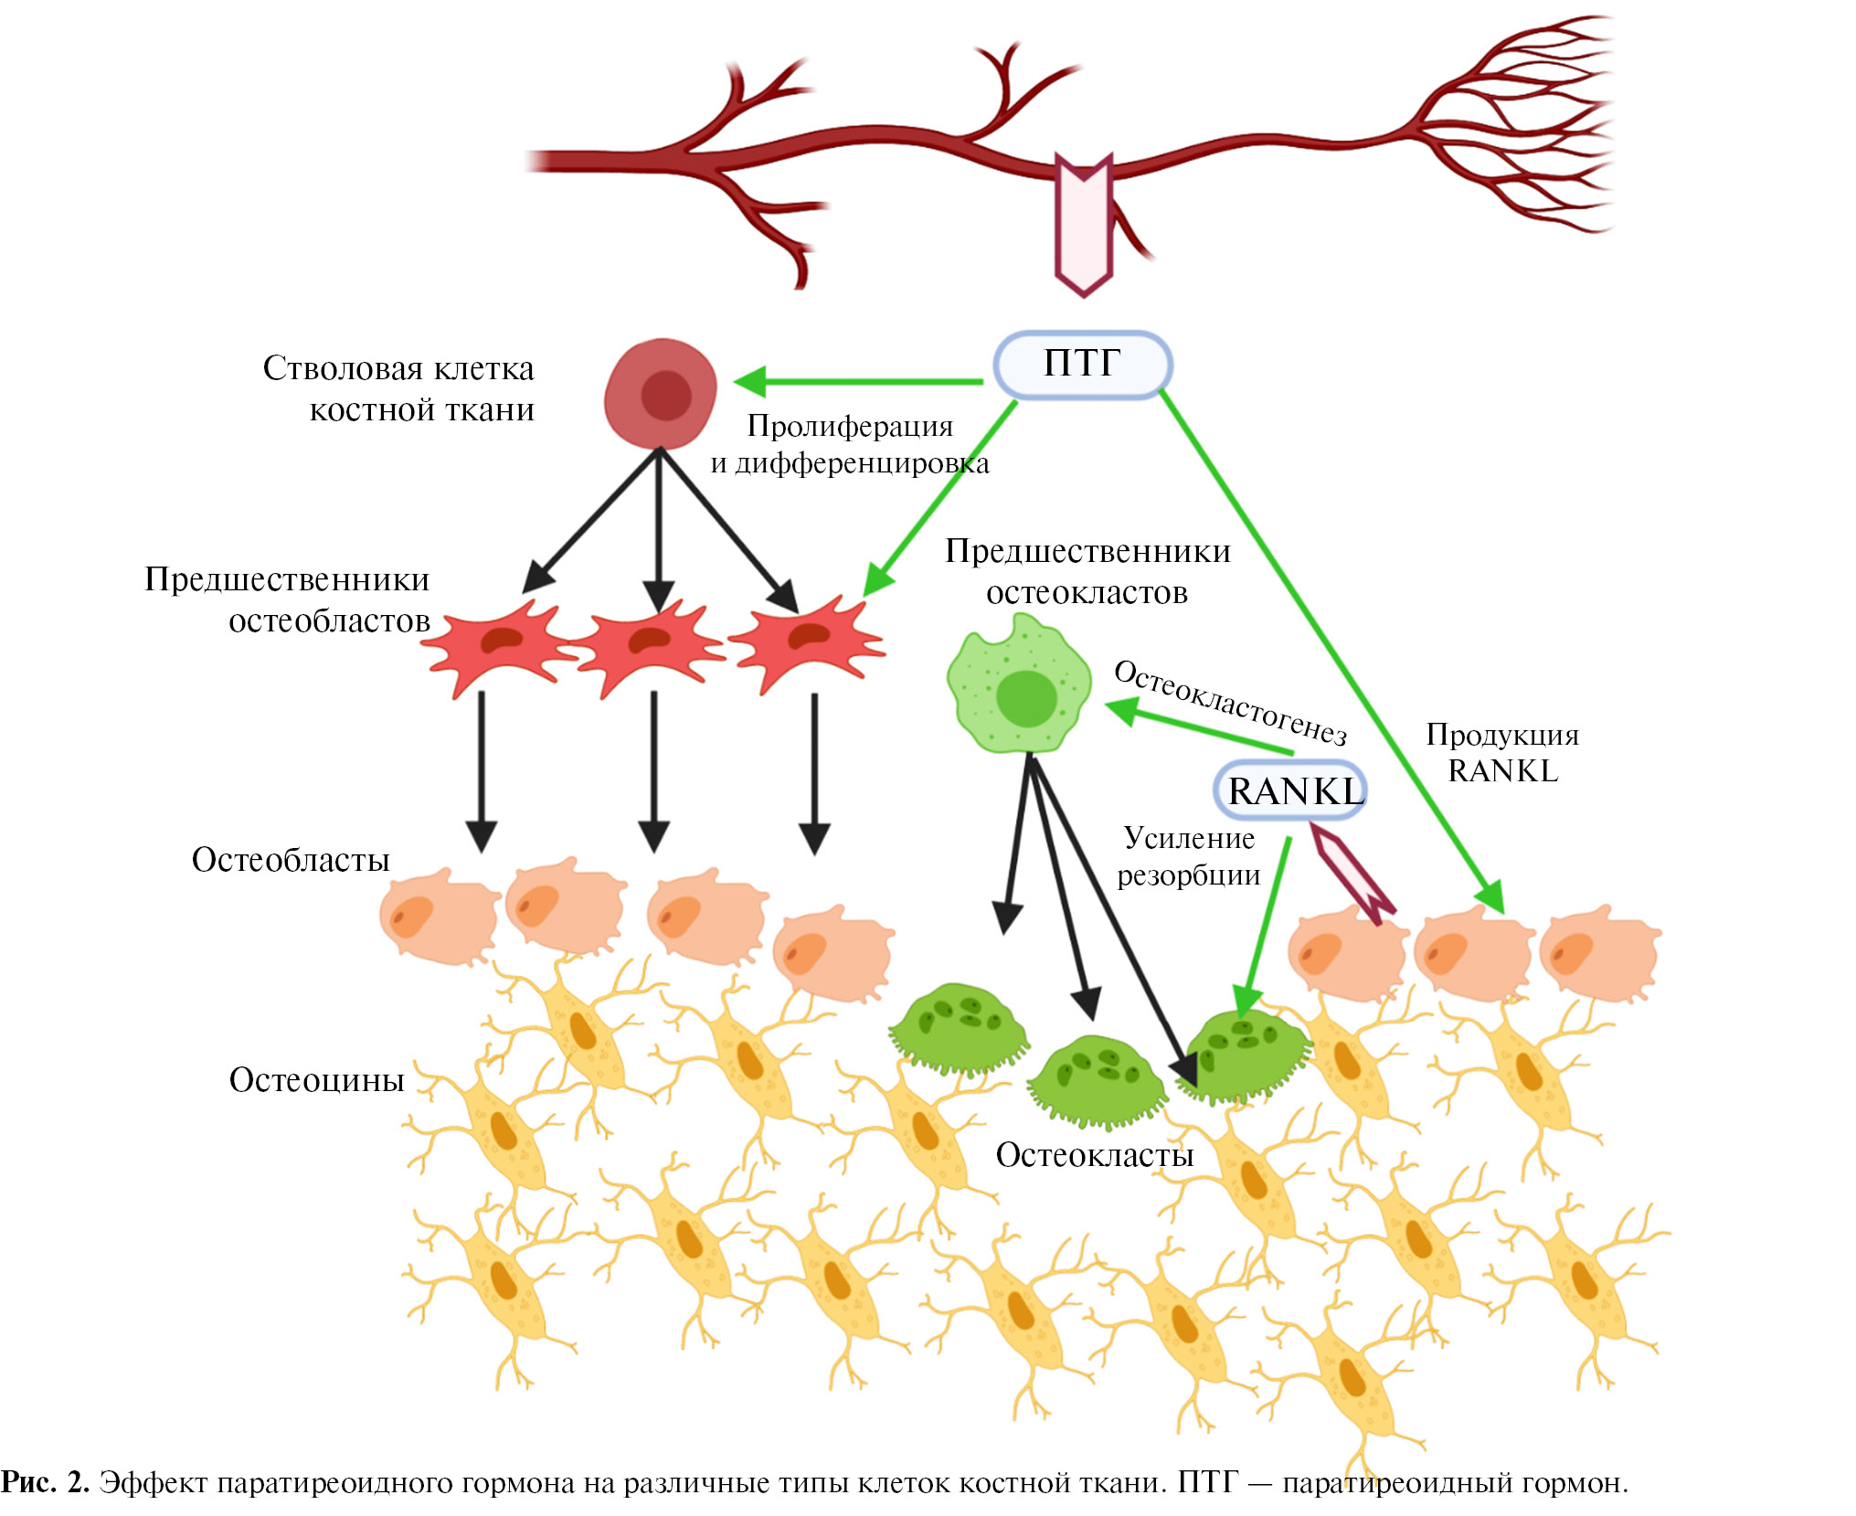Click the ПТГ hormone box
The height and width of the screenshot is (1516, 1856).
point(1082,365)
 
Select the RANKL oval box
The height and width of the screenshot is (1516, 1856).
point(1291,790)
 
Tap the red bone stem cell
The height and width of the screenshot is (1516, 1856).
point(661,394)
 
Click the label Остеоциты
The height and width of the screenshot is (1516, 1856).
point(316,1079)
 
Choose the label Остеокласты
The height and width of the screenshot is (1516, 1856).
point(1094,1155)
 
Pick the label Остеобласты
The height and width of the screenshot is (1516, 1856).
point(291,860)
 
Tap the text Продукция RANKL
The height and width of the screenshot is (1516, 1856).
point(1502,753)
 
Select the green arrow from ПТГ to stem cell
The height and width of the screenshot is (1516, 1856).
point(859,381)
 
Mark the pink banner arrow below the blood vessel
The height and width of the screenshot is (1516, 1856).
point(1083,225)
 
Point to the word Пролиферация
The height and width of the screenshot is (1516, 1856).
point(850,426)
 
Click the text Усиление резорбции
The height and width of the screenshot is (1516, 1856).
point(1189,857)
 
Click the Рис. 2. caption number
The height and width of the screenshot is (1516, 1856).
point(45,1482)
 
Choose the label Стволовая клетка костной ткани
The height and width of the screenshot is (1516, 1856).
point(398,388)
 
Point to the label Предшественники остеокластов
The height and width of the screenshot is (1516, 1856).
point(1087,571)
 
